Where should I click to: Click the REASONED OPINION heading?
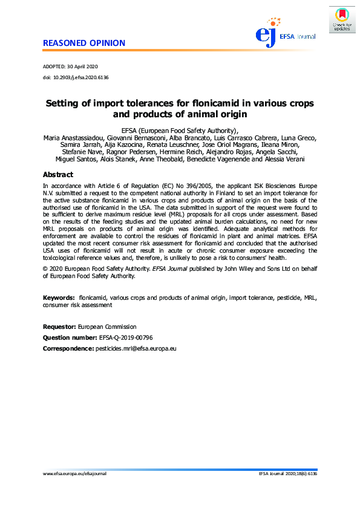(x=84, y=43)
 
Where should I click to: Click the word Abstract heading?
(x=58, y=174)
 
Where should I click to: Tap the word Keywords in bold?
(x=59, y=299)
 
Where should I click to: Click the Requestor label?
(x=59, y=326)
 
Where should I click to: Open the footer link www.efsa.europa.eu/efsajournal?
(x=74, y=491)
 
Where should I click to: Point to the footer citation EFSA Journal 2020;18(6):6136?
(x=287, y=491)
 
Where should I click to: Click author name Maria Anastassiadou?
(x=76, y=138)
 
